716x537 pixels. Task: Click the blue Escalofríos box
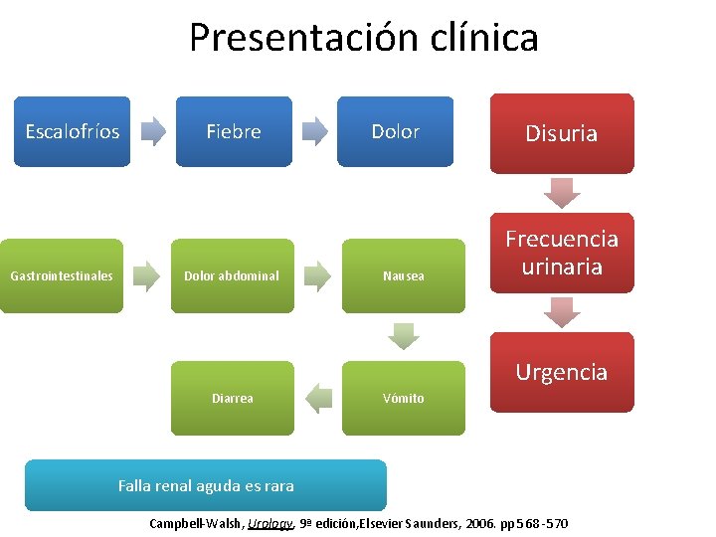[72, 131]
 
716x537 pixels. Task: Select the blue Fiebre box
[234, 131]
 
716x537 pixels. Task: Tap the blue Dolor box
[395, 131]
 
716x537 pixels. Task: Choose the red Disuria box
[562, 133]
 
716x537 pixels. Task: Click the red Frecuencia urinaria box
[562, 253]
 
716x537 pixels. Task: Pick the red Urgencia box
[562, 372]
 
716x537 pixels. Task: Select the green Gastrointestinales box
[62, 275]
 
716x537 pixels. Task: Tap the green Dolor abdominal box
[232, 275]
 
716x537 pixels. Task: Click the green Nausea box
[404, 275]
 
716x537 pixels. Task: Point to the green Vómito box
[404, 398]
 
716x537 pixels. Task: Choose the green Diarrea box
[232, 398]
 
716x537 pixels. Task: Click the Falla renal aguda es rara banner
[206, 485]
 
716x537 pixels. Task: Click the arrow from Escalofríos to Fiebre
[153, 131]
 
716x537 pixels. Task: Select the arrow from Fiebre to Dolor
[314, 131]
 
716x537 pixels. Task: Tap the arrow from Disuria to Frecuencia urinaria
[562, 192]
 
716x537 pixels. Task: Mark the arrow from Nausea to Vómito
[404, 336]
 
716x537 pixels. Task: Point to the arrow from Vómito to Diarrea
[318, 398]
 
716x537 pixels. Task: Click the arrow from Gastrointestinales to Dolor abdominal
[146, 275]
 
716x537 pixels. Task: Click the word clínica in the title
[473, 38]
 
